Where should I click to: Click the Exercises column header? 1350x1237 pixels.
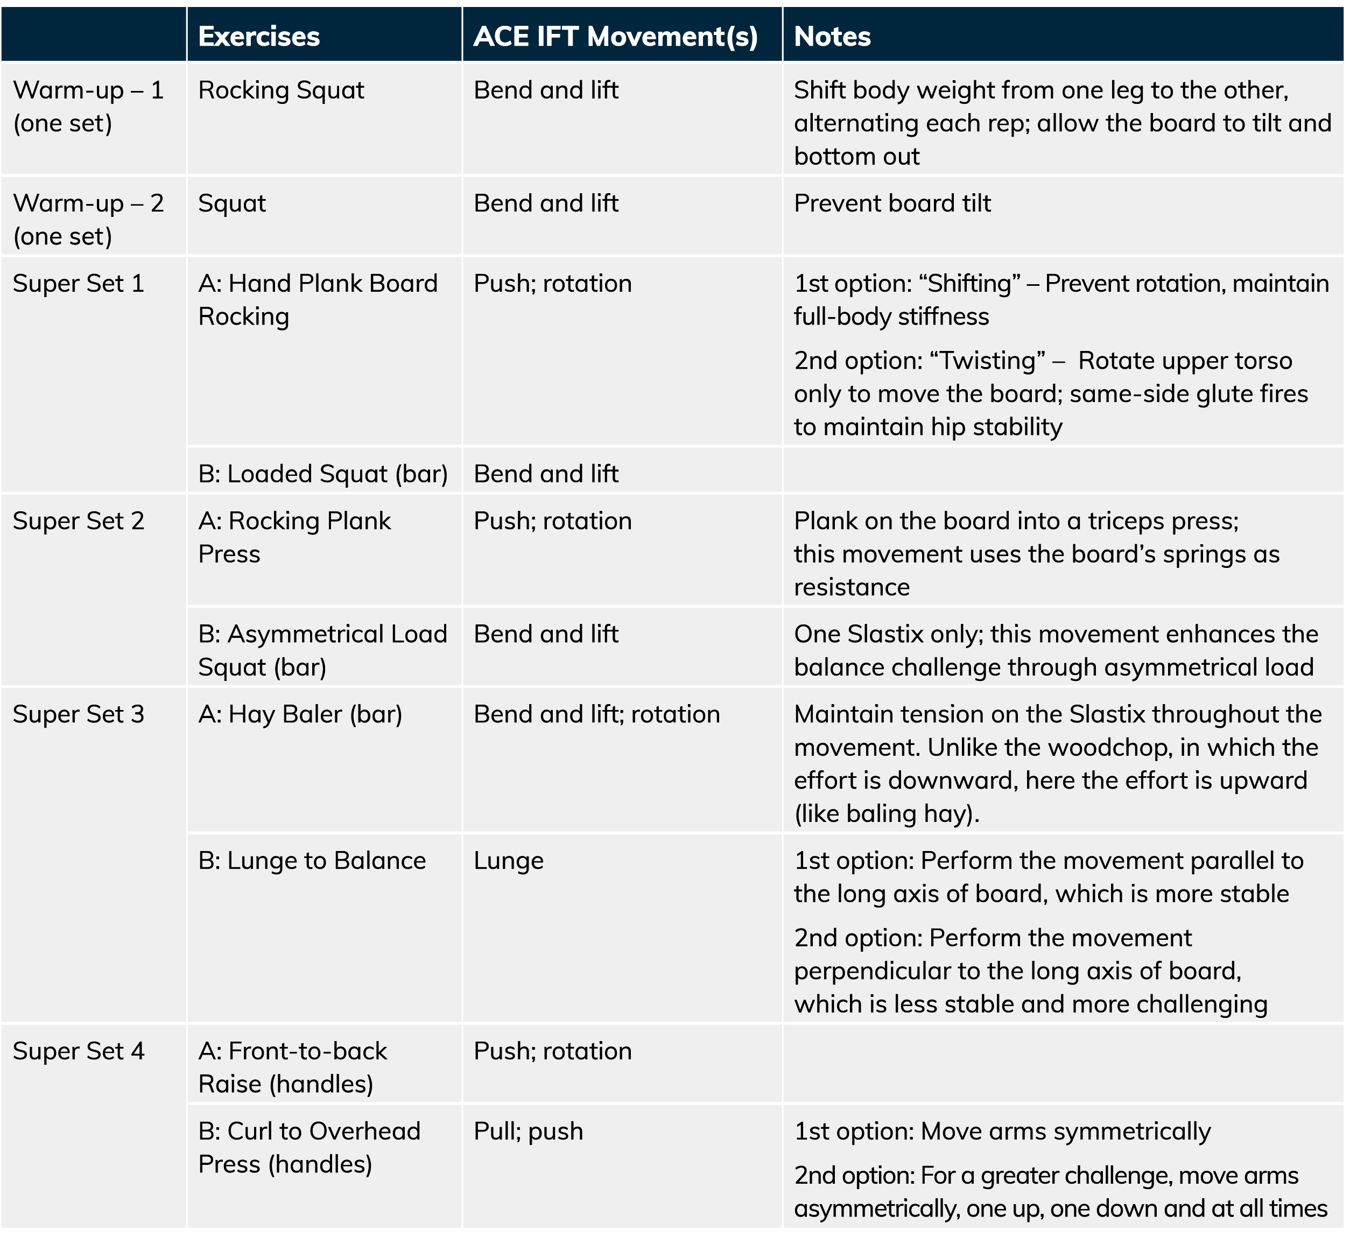click(x=258, y=36)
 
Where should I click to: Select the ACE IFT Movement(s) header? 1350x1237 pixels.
click(x=615, y=36)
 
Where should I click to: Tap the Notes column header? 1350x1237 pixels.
click(x=832, y=36)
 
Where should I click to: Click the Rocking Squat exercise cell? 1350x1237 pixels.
click(x=281, y=90)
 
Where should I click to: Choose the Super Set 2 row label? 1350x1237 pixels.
click(x=79, y=521)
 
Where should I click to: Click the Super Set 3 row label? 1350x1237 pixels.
click(x=79, y=715)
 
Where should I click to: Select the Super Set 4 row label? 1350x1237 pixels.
click(x=79, y=1051)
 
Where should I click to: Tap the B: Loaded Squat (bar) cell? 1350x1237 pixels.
click(x=323, y=474)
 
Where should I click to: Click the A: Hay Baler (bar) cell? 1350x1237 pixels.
click(x=300, y=715)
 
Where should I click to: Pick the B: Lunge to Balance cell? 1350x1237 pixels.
click(x=312, y=861)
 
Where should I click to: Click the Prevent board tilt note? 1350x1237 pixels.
click(x=892, y=203)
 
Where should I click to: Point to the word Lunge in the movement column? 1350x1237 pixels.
click(x=508, y=861)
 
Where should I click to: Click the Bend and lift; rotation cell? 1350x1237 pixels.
click(x=596, y=715)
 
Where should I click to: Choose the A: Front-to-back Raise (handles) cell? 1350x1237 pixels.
click(x=293, y=1067)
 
